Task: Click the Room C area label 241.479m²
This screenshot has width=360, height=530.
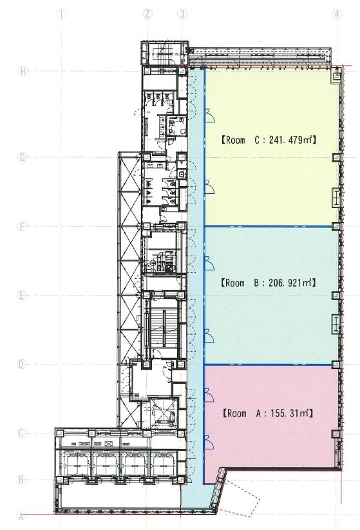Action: point(292,140)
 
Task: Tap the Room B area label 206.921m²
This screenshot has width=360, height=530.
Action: point(292,283)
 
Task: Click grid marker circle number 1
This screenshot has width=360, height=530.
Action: point(61,14)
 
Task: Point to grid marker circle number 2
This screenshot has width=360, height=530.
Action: point(147,14)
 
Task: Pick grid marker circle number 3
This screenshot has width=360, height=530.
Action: point(182,14)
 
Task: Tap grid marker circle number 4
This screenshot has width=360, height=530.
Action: point(337,14)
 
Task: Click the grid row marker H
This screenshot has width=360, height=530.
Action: point(23,71)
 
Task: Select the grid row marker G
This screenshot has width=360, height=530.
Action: point(23,157)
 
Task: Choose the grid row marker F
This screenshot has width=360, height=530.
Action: point(23,226)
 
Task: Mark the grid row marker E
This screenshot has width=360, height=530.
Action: point(23,296)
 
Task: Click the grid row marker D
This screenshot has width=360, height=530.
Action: point(22,364)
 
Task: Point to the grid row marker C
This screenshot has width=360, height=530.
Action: point(22,433)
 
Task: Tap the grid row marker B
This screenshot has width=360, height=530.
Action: point(21,479)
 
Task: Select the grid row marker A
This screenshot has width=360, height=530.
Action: point(21,516)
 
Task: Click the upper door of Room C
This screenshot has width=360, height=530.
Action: point(209,116)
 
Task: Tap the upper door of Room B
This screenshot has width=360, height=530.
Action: point(209,263)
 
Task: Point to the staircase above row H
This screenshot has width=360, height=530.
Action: point(164,52)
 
